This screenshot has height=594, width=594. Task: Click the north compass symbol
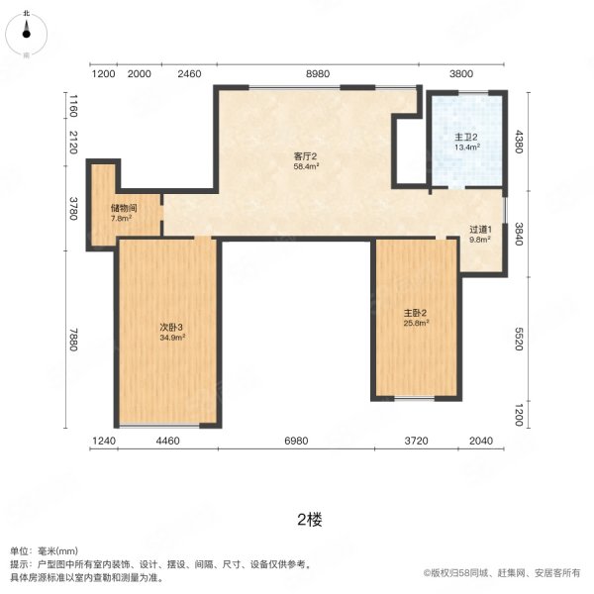point(26,34)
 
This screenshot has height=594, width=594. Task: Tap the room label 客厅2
point(305,156)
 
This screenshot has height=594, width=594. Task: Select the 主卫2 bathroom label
point(466,138)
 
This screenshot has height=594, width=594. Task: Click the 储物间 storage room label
point(124,208)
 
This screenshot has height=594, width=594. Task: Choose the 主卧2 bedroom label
point(415,313)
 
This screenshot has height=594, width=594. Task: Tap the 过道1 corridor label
point(480,230)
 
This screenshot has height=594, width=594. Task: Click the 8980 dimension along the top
point(318,74)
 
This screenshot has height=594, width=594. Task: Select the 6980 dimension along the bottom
point(296,441)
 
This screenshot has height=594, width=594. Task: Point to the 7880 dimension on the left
point(72,340)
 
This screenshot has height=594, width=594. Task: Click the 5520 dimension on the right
point(519,339)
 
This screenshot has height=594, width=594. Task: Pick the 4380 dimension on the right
point(519,142)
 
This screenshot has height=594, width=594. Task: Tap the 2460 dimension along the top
point(189,74)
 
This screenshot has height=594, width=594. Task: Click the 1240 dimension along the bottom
point(104,441)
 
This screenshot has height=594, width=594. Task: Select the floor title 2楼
point(310,520)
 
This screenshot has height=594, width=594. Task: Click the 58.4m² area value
point(306,166)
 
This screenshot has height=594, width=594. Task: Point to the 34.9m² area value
point(172,338)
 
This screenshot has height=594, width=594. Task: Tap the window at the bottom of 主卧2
point(415,399)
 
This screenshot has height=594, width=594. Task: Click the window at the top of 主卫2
point(473,92)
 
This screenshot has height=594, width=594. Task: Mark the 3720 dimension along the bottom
point(417,441)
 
